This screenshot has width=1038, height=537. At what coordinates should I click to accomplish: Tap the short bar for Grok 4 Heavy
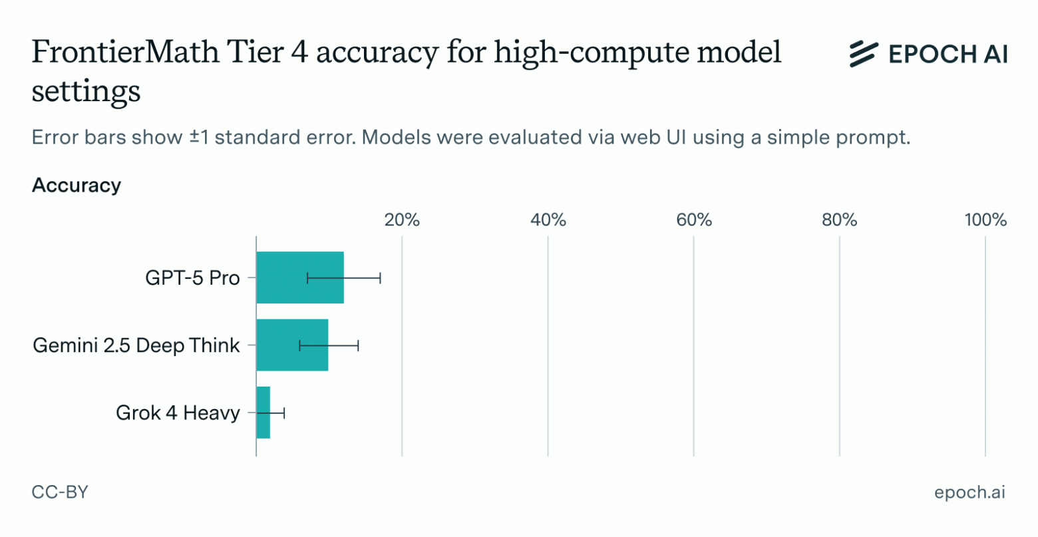tap(263, 412)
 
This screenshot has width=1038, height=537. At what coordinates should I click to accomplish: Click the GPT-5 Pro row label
tap(192, 277)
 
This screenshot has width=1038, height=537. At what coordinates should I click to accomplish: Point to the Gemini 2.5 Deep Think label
tap(136, 345)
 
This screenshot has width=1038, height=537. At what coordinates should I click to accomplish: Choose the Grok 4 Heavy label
tap(178, 413)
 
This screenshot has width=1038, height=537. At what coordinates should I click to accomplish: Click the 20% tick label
tap(402, 220)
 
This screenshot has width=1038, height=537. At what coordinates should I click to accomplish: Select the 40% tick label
tap(548, 220)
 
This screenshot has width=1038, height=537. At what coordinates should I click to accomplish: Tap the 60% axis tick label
tap(694, 220)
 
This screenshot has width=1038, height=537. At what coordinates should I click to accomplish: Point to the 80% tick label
tap(840, 220)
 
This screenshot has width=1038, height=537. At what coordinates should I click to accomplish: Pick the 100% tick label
tap(985, 220)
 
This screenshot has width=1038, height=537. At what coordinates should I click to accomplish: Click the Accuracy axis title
tap(77, 185)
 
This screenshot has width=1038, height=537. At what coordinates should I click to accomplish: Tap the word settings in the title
tap(86, 92)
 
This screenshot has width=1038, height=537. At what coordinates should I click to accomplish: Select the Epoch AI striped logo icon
tap(864, 53)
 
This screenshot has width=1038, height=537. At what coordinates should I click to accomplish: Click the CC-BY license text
tap(60, 492)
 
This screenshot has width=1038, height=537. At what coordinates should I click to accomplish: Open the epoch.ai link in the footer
tap(969, 492)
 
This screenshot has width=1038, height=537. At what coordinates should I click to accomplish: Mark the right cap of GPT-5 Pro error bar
tap(380, 277)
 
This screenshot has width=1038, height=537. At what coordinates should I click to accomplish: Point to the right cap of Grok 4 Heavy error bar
tap(284, 413)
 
